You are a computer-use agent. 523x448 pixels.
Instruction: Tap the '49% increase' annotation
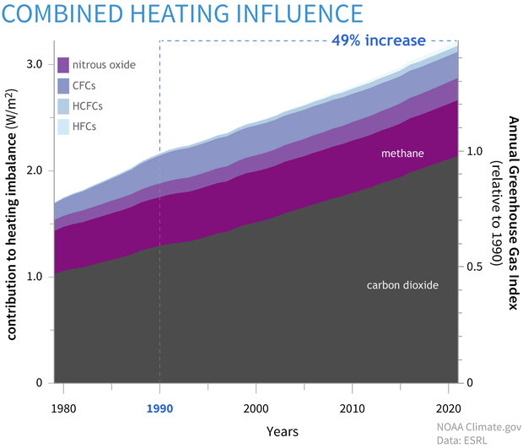tap(378, 40)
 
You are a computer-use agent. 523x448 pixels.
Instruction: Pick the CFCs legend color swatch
tap(63, 86)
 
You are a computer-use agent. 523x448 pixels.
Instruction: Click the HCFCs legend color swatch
tap(63, 106)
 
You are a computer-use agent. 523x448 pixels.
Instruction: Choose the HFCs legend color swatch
tap(63, 127)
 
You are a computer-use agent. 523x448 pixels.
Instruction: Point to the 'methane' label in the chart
tap(401, 154)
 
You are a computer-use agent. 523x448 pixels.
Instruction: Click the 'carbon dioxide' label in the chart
tap(402, 285)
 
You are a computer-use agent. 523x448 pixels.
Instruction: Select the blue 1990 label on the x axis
tap(159, 408)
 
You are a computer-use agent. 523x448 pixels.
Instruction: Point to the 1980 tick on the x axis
tap(66, 408)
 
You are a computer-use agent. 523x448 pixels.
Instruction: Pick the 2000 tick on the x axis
tap(255, 408)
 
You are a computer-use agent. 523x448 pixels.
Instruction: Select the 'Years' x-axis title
tap(281, 431)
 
